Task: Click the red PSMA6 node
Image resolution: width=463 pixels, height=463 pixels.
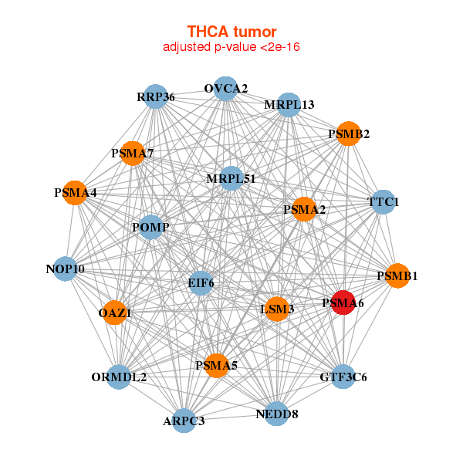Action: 343,302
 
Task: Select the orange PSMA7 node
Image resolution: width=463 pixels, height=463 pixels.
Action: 133,153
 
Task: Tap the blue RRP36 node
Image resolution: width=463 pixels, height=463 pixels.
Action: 156,97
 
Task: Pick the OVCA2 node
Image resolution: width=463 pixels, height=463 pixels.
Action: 225,89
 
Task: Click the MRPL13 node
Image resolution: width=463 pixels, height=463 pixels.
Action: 289,105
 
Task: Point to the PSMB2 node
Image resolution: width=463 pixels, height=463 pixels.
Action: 349,134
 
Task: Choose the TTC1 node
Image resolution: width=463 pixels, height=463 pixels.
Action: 384,203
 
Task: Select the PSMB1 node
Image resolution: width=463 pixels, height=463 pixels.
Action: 397,275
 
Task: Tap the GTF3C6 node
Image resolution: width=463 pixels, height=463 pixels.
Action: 343,377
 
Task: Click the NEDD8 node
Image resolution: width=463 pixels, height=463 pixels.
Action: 276,414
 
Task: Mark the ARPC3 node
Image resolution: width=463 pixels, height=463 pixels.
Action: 184,421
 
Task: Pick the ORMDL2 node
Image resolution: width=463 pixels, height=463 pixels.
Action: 119,377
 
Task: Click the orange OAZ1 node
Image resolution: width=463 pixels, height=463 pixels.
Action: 115,313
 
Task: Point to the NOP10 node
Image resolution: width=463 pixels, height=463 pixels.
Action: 66,269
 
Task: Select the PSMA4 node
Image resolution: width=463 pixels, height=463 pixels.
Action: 75,192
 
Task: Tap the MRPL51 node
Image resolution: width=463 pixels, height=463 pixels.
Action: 231,179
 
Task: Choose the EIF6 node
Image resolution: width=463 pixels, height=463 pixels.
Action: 201,283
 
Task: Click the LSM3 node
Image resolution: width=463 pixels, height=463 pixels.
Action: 277,309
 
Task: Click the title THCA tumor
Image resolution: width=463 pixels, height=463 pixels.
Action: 231,32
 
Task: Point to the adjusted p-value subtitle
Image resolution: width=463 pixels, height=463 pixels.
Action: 231,47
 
